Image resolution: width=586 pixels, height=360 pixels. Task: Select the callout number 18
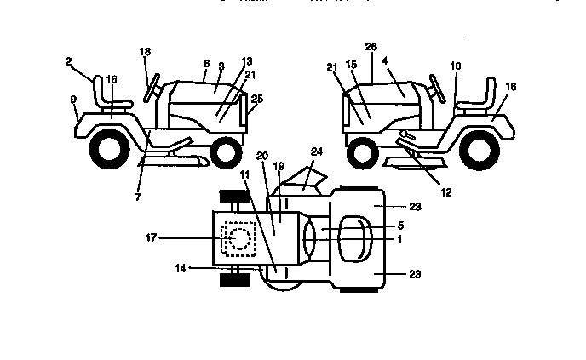point(144,53)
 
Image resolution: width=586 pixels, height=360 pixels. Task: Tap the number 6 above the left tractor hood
point(205,64)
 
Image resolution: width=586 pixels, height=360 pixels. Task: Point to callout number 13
point(247,62)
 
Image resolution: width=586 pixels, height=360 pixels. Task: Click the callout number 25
point(257,99)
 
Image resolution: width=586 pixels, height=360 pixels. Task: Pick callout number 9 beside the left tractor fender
point(74,100)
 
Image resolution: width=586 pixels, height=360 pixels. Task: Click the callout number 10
point(456,66)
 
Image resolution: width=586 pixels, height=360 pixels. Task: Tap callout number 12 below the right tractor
point(446,192)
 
